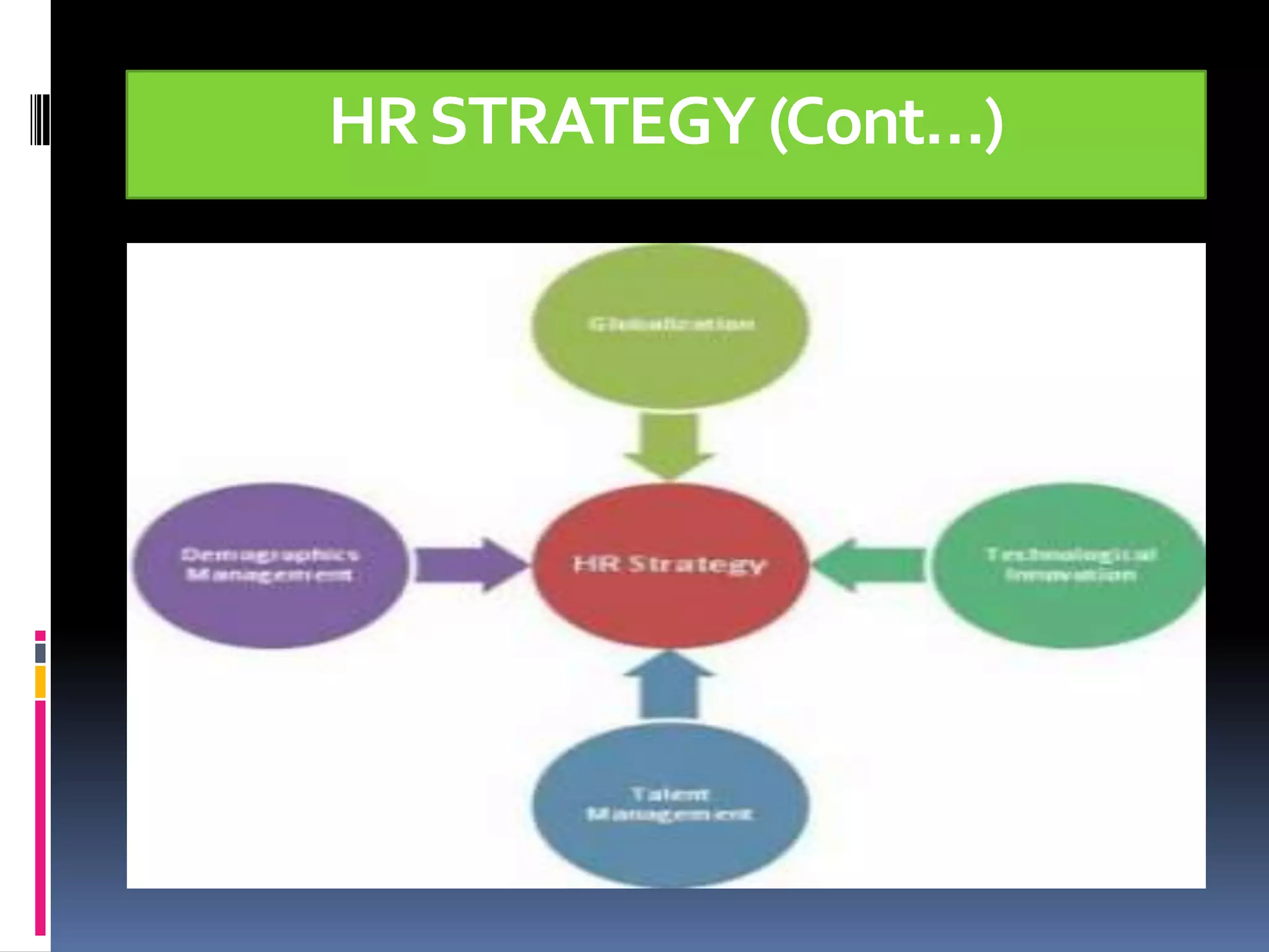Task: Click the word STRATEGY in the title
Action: coord(592,121)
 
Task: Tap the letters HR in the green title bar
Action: coord(373,121)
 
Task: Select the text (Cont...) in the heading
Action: coord(886,123)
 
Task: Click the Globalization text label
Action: coord(671,324)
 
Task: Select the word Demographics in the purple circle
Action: coord(270,554)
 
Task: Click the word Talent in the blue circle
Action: coord(670,794)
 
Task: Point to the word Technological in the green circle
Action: coord(1071,554)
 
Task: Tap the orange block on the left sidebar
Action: coord(40,682)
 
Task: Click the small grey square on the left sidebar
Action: coord(40,653)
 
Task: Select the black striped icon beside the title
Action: coord(40,119)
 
